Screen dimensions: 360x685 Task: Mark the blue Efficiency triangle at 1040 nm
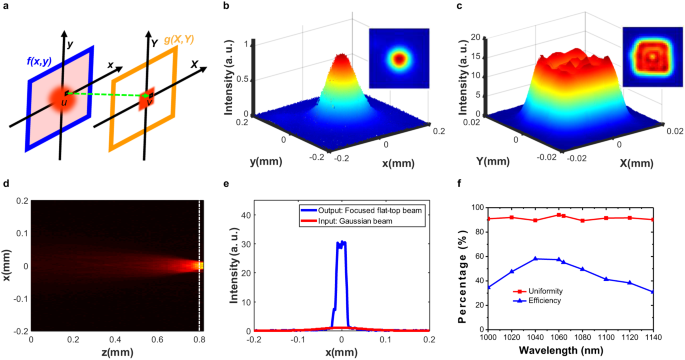[535, 259]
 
